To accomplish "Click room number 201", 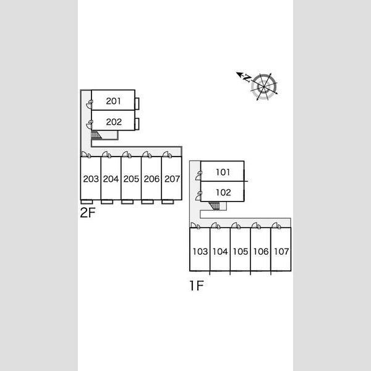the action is point(113,101).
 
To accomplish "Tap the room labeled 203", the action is point(91,179).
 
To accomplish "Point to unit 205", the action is point(131,179).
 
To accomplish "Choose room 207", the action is point(172,179).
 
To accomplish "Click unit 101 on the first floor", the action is point(223,172).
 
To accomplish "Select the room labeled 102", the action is point(223,192).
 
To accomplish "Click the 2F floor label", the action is point(88,212).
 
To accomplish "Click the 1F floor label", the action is point(197,286).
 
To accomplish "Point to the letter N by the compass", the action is point(247,78).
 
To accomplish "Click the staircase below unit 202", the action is point(96,135).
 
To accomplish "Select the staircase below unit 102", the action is point(215,206).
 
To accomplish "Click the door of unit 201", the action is point(89,104).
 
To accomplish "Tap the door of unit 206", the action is point(147,155).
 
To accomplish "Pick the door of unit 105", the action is point(236,226).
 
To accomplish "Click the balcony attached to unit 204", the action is point(107,202).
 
